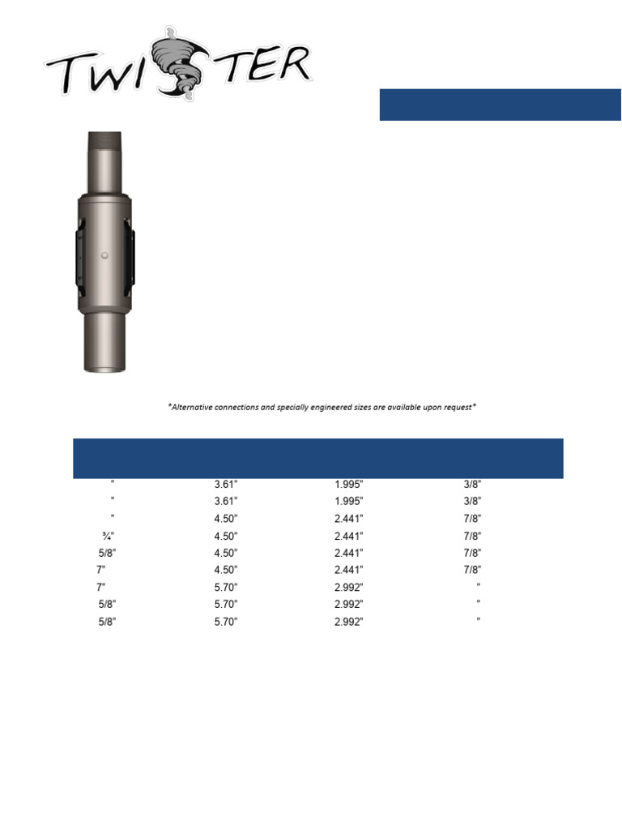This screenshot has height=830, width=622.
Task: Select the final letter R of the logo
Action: pyautogui.click(x=292, y=64)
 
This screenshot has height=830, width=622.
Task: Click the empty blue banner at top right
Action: pyautogui.click(x=500, y=105)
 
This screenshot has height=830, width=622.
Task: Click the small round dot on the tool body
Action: pyautogui.click(x=105, y=256)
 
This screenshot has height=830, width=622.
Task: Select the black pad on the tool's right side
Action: pyautogui.click(x=131, y=257)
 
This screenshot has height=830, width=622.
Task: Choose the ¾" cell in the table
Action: pyautogui.click(x=105, y=536)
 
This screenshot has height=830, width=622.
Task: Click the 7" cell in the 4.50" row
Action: pyautogui.click(x=100, y=570)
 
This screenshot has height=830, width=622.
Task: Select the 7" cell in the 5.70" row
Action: pyautogui.click(x=100, y=587)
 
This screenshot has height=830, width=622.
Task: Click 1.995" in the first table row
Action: pyautogui.click(x=349, y=485)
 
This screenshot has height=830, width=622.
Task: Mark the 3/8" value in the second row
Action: pyautogui.click(x=473, y=502)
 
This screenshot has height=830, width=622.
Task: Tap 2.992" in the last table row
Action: pyautogui.click(x=349, y=622)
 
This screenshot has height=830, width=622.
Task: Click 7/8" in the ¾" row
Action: pyautogui.click(x=473, y=536)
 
